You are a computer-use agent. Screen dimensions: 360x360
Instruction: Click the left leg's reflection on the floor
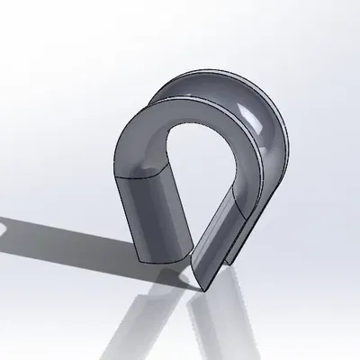tap(148, 315)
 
